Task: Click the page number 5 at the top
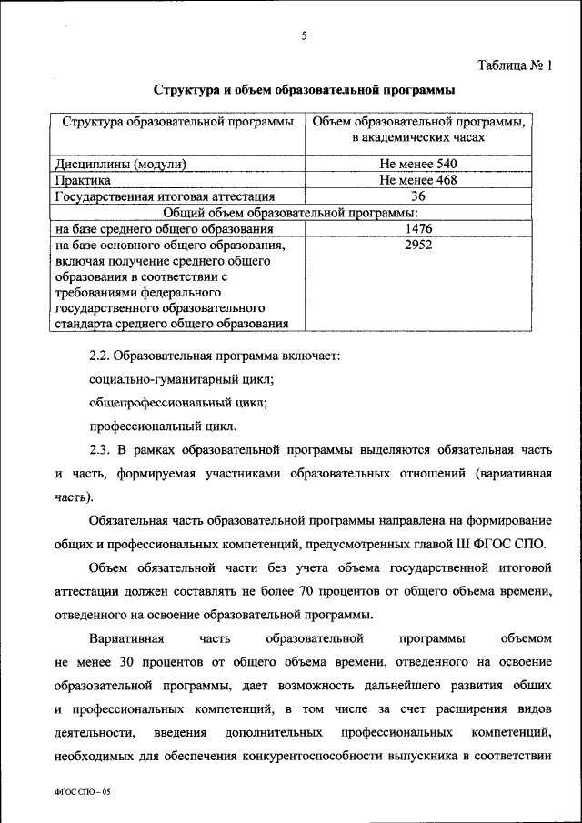(305, 35)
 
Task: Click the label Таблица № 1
(515, 65)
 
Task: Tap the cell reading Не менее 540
(418, 165)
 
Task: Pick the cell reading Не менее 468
(418, 180)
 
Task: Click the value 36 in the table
(418, 196)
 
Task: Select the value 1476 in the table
(418, 228)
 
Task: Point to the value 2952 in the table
(418, 245)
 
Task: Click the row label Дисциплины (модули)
(121, 165)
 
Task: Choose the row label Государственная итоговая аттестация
(165, 196)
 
